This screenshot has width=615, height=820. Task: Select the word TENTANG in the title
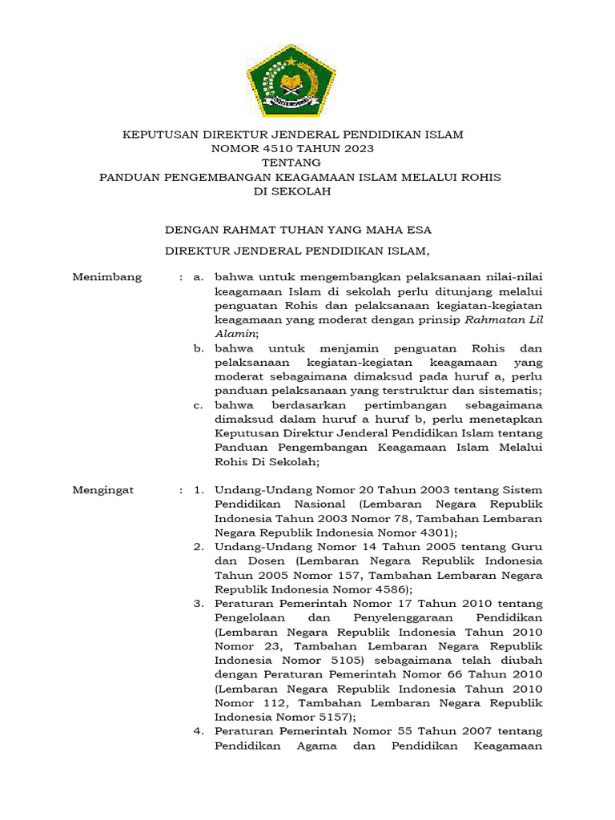(292, 163)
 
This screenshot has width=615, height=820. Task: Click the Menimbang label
(107, 277)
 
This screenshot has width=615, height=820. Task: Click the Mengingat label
(103, 489)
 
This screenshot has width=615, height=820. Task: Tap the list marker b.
(198, 348)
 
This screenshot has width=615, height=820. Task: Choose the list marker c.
(198, 405)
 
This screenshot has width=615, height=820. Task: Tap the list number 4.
(199, 731)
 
